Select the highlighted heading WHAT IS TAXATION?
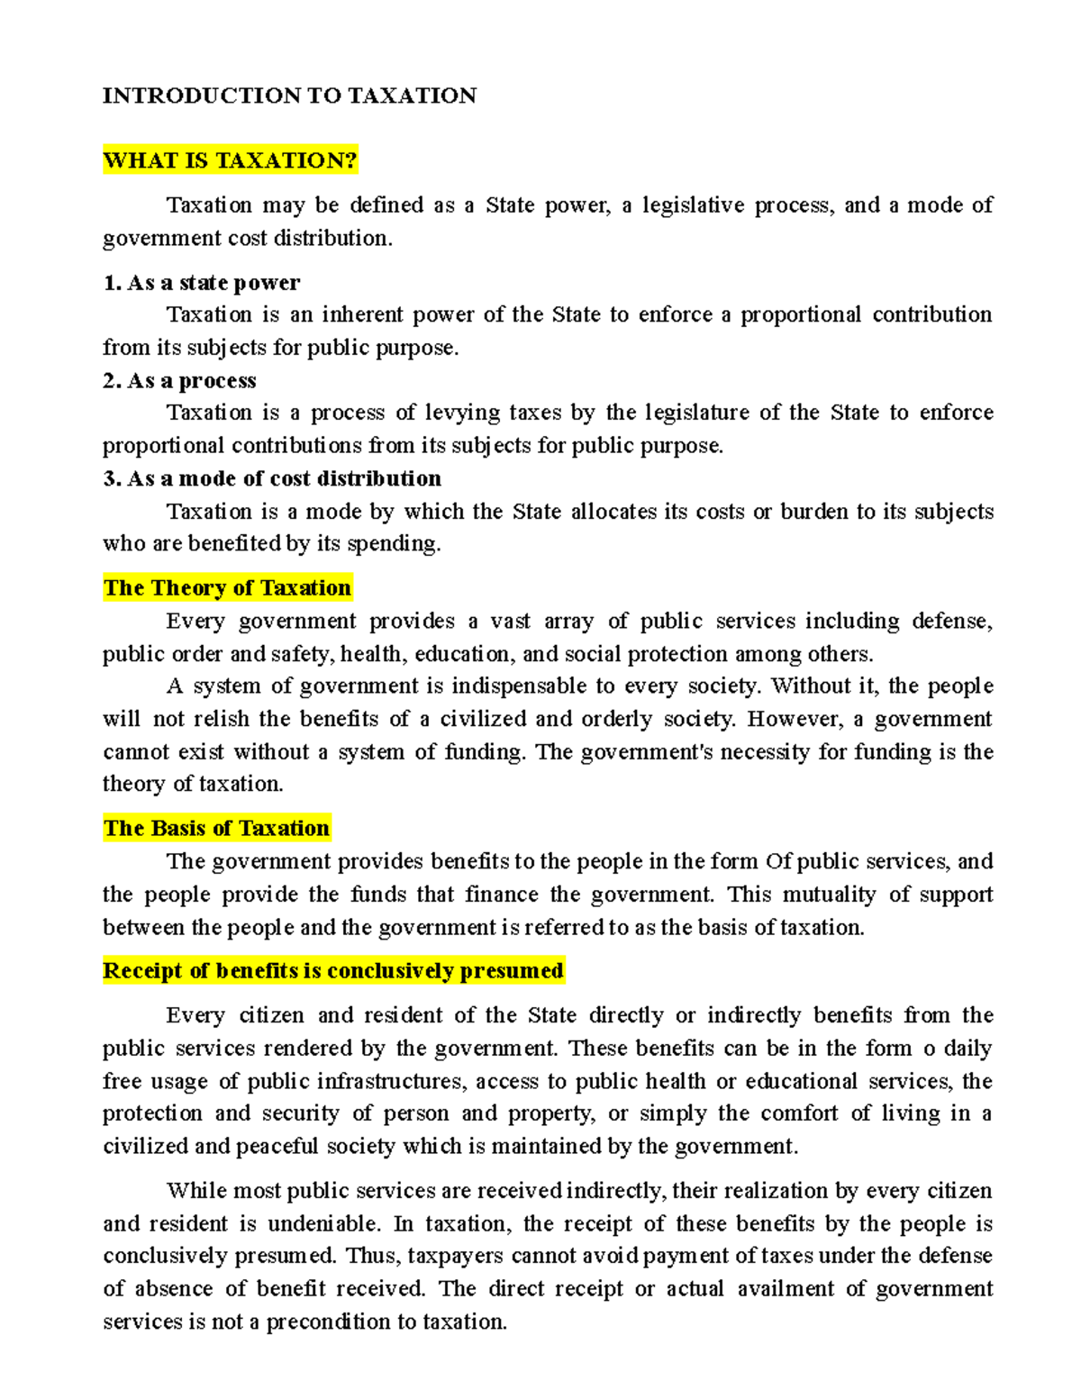(230, 160)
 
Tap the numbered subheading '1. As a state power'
(201, 283)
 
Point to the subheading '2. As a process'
(179, 381)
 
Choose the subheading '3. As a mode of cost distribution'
(272, 478)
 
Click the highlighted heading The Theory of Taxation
(227, 588)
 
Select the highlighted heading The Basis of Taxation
(216, 828)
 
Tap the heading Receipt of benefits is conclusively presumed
(333, 970)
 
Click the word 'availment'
(786, 1289)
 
